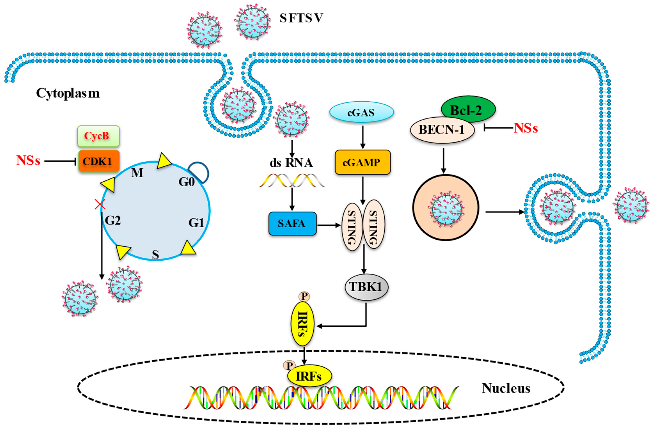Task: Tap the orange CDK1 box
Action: click(99, 161)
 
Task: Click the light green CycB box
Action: click(98, 136)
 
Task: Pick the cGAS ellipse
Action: click(361, 112)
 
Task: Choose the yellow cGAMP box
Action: click(362, 162)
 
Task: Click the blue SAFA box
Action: click(292, 223)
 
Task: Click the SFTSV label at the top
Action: click(301, 18)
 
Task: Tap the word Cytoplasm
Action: click(67, 93)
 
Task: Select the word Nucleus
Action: click(506, 388)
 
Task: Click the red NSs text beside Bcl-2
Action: click(525, 128)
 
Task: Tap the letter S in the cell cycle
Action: click(155, 254)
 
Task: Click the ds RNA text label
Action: click(291, 163)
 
